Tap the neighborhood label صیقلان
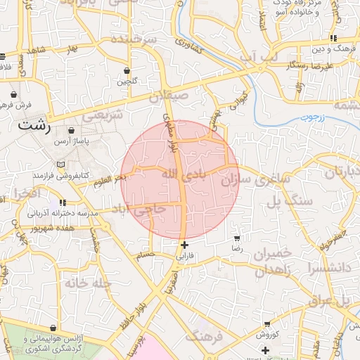pyautogui.click(x=169, y=94)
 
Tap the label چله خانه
pyautogui.click(x=88, y=283)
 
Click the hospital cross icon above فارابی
pyautogui.click(x=184, y=245)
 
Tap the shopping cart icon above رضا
pyautogui.click(x=236, y=238)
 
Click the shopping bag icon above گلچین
pyautogui.click(x=127, y=71)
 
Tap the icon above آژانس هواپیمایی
pyautogui.click(x=53, y=328)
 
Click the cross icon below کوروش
pyautogui.click(x=265, y=350)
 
